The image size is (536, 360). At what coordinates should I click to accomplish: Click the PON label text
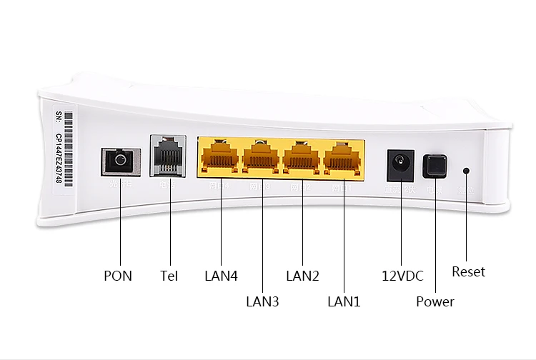[x=118, y=275]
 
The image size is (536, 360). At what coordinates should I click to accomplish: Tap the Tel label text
[x=169, y=275]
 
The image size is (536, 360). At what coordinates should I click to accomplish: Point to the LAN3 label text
[x=262, y=301]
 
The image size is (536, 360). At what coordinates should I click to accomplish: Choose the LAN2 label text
[x=302, y=275]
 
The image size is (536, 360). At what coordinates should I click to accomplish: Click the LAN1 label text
[x=344, y=301]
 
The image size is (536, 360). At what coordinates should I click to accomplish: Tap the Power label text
[x=435, y=301]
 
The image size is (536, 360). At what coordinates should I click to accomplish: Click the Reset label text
[x=468, y=271]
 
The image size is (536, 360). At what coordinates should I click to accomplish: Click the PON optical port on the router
[x=116, y=160]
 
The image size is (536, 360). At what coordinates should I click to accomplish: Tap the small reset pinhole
[x=467, y=171]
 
